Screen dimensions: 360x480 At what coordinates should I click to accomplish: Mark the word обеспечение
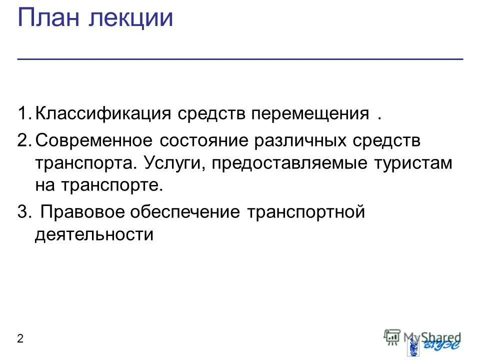point(186,212)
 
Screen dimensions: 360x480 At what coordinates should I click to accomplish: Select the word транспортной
point(305,212)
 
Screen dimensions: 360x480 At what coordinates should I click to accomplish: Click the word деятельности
point(93,234)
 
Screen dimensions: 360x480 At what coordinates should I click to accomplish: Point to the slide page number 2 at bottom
point(20,339)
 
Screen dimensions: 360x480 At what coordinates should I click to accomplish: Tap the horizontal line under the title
point(240,59)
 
